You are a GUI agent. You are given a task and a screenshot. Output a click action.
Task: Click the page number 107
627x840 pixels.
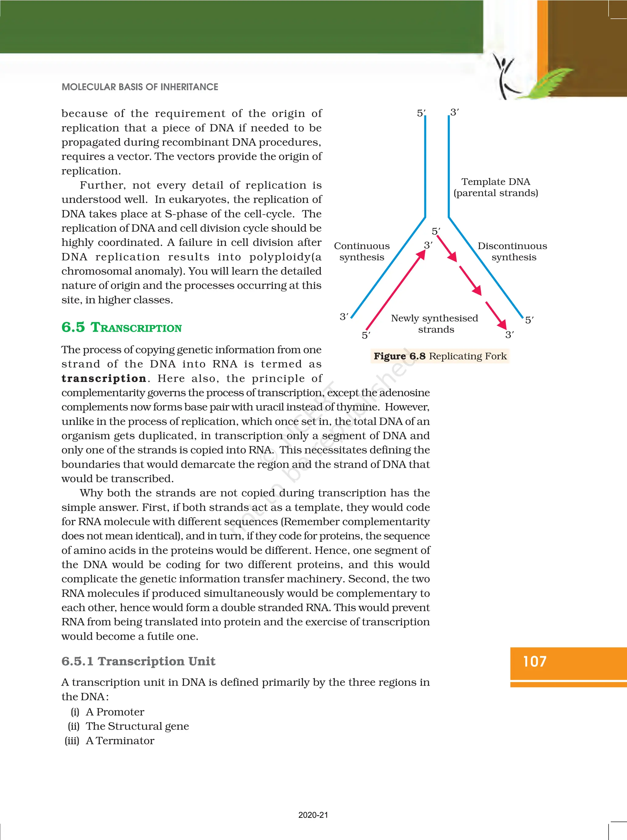535,661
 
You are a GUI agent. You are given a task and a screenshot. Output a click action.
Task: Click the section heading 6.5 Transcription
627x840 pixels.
122,327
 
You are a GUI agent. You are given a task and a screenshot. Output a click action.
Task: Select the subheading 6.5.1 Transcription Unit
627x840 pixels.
138,661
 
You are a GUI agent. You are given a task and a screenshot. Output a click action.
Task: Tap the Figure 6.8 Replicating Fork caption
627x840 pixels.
440,356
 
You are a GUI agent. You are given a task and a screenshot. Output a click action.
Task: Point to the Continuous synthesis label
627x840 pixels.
361,252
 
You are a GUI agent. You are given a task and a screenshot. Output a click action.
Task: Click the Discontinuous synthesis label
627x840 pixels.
512,252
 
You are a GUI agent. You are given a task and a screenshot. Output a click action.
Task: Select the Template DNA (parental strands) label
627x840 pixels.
496,187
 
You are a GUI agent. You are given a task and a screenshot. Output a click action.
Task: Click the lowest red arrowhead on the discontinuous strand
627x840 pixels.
502,324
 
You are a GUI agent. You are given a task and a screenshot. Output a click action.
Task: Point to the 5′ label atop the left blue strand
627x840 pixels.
421,113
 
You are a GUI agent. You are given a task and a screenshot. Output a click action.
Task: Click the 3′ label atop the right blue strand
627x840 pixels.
454,112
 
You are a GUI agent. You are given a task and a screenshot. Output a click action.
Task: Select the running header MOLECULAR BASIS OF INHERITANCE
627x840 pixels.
140,87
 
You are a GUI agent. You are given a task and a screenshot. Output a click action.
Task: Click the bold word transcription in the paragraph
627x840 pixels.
103,378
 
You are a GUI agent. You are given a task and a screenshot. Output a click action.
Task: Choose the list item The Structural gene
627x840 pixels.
137,726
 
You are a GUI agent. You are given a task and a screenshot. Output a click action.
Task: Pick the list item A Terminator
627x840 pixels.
120,741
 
